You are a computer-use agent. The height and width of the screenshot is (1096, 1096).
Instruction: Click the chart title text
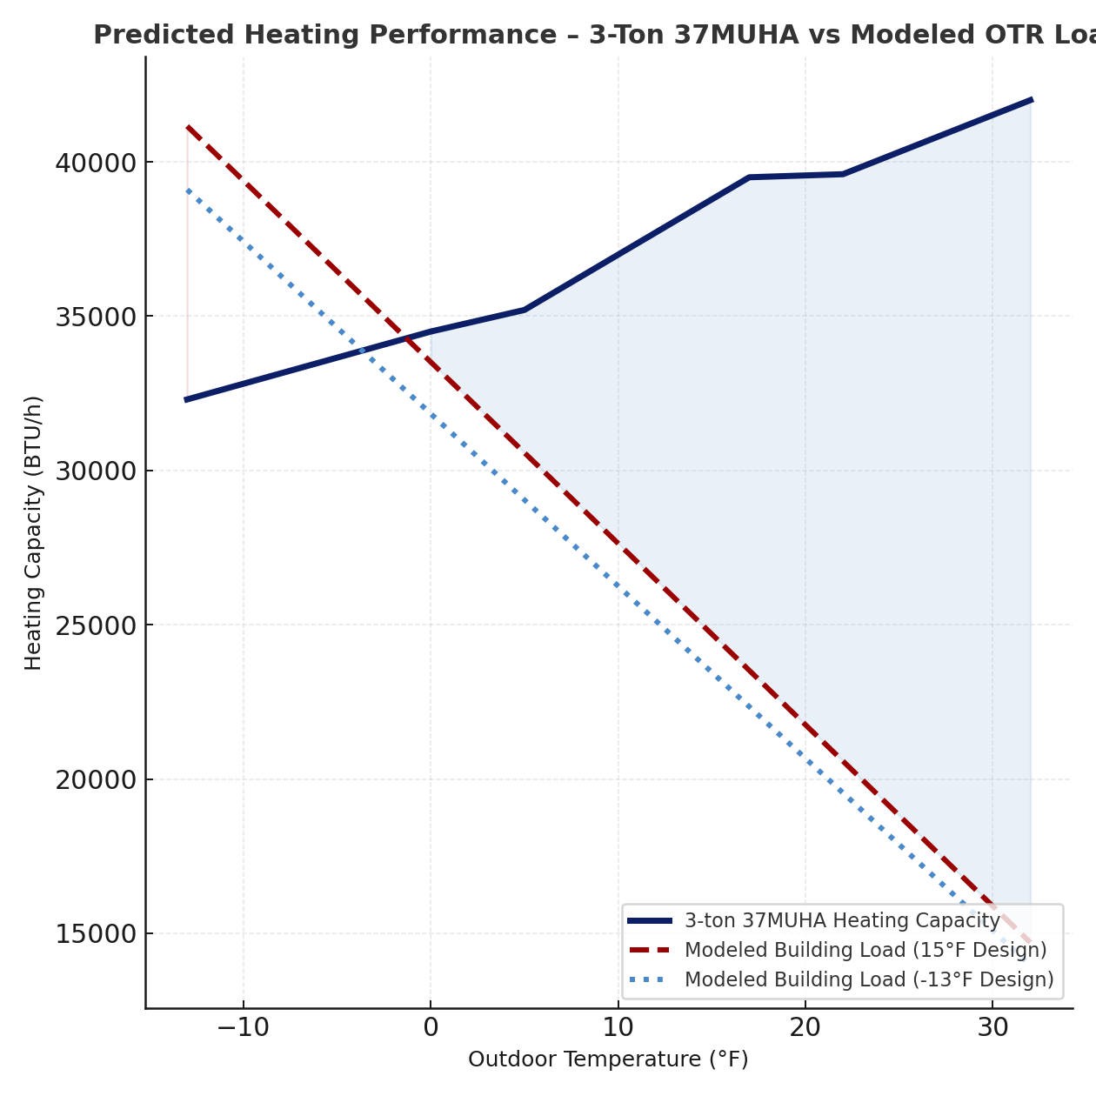point(591,36)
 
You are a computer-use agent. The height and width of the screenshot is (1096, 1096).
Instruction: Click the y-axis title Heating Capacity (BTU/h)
point(33,532)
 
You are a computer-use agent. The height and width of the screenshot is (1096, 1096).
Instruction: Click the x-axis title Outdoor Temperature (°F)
point(608,1059)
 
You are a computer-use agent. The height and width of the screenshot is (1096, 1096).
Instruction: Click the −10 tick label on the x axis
point(243,1028)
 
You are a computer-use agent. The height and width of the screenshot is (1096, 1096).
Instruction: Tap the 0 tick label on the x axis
point(431,1028)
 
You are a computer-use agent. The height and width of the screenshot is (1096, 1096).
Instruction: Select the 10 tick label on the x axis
point(618,1028)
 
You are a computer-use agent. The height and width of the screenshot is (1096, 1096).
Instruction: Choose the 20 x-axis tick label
point(805,1028)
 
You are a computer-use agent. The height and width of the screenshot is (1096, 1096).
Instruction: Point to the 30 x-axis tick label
point(992,1028)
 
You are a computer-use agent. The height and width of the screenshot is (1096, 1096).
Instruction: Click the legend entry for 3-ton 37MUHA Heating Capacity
point(841,920)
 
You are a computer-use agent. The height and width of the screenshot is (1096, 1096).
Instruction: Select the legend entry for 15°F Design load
point(865,950)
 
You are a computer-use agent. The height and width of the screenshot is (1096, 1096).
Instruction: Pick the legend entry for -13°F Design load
point(868,979)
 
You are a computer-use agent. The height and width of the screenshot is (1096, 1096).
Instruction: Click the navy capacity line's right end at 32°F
point(1031,100)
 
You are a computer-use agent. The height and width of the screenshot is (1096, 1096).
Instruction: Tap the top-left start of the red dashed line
point(188,127)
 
